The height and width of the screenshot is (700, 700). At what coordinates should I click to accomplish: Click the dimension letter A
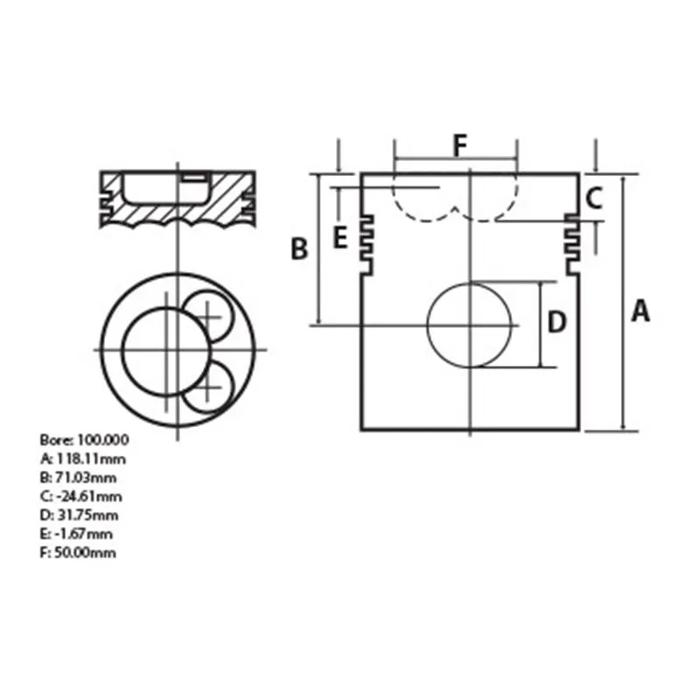[x=640, y=311]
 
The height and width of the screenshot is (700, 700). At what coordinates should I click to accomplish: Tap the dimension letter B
[x=299, y=248]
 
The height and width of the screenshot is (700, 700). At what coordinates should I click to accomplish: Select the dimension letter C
[x=594, y=199]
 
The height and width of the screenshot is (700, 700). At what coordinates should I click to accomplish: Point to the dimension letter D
[x=556, y=322]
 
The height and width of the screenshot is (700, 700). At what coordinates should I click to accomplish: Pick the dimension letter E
[x=340, y=237]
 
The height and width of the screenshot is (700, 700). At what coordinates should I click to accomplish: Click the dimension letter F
[x=459, y=145]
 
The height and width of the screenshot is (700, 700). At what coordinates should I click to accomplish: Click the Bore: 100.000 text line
[x=84, y=440]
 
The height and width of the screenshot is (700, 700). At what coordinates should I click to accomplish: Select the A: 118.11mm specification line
[x=83, y=458]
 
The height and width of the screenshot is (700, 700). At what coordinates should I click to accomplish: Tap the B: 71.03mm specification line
[x=78, y=478]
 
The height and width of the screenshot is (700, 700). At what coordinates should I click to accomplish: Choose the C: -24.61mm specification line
[x=80, y=496]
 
